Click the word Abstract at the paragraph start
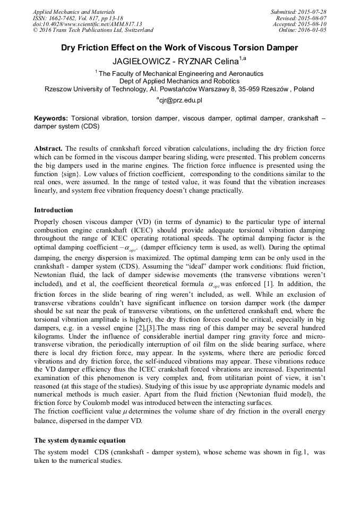coord(48,149)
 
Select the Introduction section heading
coord(54,210)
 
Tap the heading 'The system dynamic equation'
coord(80,441)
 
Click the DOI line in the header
coord(87,24)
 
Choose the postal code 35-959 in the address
coord(249,89)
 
